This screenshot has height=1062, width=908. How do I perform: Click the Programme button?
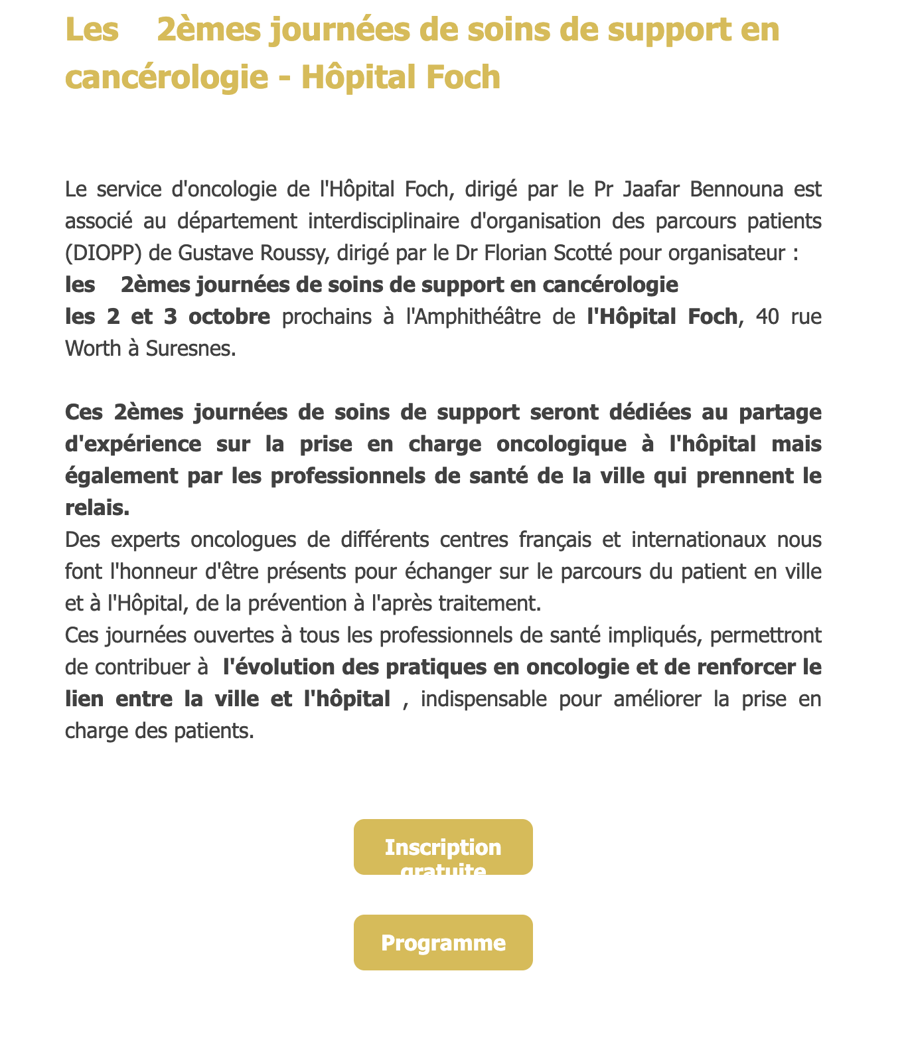(x=443, y=943)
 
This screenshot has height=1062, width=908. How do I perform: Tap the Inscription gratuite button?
(x=443, y=848)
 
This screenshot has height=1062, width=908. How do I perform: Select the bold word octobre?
(x=229, y=317)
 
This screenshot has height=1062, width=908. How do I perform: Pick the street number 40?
(x=768, y=317)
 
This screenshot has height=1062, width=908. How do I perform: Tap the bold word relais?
(x=96, y=508)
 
